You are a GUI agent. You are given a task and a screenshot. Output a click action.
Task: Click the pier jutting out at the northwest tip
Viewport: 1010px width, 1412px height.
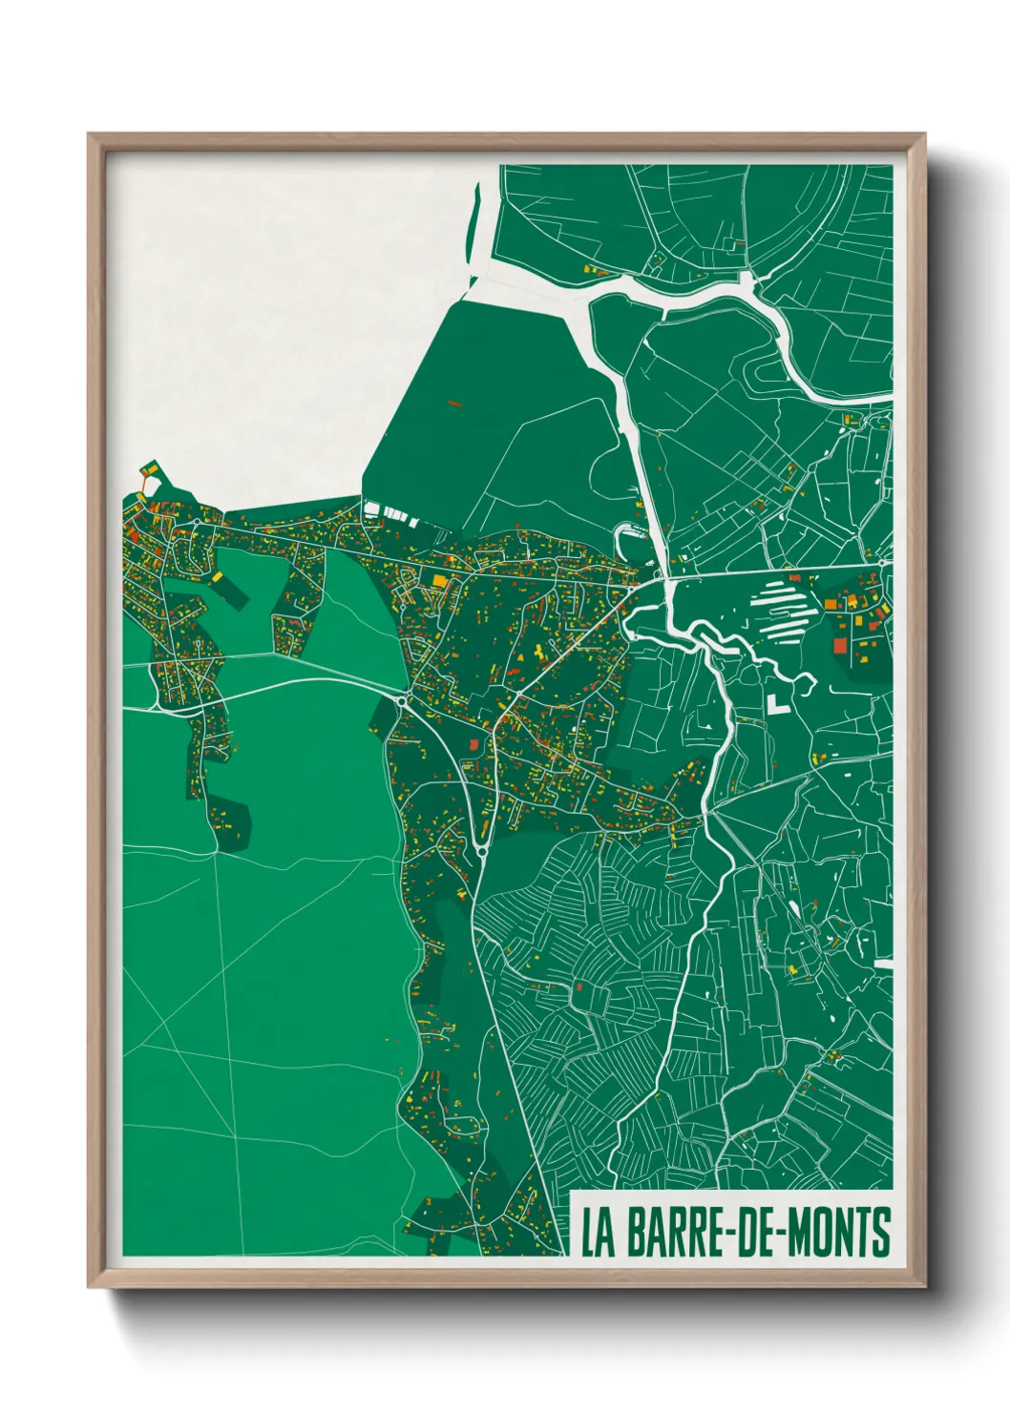point(149,471)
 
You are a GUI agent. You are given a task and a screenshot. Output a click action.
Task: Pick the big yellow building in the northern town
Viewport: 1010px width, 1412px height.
point(439,580)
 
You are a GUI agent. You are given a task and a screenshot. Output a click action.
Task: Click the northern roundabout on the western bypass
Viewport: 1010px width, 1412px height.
point(402,701)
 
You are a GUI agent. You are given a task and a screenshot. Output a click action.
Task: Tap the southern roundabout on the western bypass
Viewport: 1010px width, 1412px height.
point(482,849)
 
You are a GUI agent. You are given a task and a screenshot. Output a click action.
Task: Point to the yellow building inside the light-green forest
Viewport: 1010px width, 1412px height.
point(217,577)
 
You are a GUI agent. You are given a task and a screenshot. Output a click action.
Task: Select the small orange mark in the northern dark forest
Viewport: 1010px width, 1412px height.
point(454,405)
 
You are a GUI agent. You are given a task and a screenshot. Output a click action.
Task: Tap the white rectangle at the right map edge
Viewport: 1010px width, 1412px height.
point(883,964)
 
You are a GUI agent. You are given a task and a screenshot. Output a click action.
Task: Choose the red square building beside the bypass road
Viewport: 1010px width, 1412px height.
point(473,743)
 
